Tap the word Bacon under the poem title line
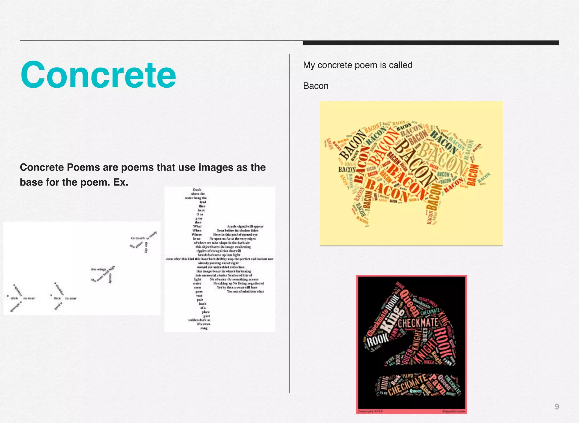(316, 86)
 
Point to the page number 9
(557, 407)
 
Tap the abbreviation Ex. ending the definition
(121, 182)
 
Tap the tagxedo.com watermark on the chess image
(453, 411)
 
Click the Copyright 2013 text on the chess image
(370, 411)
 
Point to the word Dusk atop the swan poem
(197, 190)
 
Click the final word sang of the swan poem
(204, 328)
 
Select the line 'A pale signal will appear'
(245, 226)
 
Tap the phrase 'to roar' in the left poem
(29, 298)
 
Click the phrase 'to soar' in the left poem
(71, 298)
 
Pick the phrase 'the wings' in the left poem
(98, 269)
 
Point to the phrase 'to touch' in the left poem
(138, 238)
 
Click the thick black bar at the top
(431, 43)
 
